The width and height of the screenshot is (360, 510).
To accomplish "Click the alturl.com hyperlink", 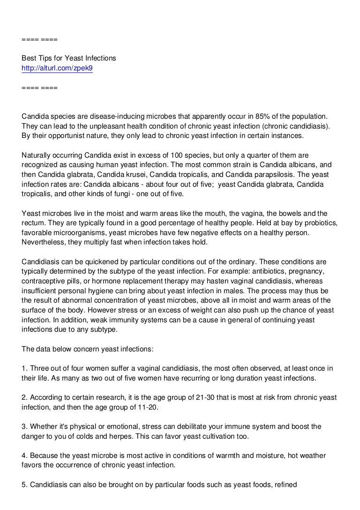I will point(57,68).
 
